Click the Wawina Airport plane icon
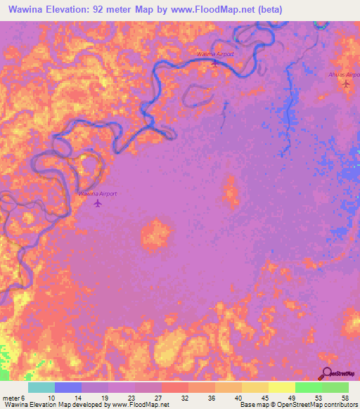pos(97,204)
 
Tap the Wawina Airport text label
pos(97,193)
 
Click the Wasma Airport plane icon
pos(215,63)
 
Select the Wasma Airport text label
pos(214,53)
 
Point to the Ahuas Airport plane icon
pos(345,84)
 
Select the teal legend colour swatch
pos(41,387)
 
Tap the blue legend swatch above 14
pos(67,387)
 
